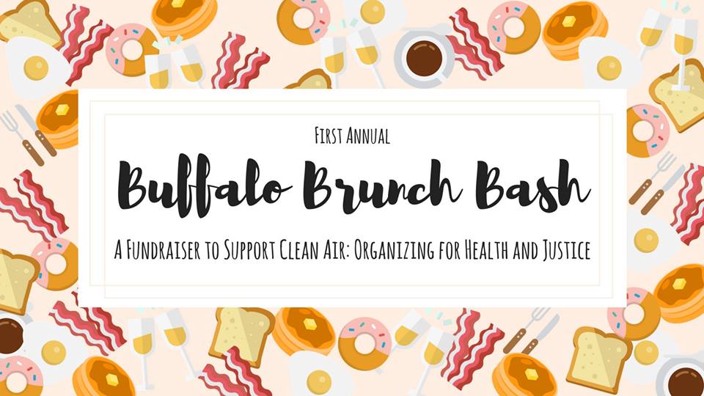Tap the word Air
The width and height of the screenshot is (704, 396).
click(339, 251)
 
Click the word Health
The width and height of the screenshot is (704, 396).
click(485, 251)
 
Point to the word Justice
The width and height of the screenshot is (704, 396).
click(567, 251)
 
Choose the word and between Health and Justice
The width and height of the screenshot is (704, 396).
click(526, 251)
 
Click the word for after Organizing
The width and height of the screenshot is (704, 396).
click(449, 251)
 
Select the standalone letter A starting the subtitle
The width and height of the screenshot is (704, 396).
click(118, 251)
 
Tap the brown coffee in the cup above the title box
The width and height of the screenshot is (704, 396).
click(424, 59)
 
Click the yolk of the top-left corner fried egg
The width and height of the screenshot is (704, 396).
click(36, 68)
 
